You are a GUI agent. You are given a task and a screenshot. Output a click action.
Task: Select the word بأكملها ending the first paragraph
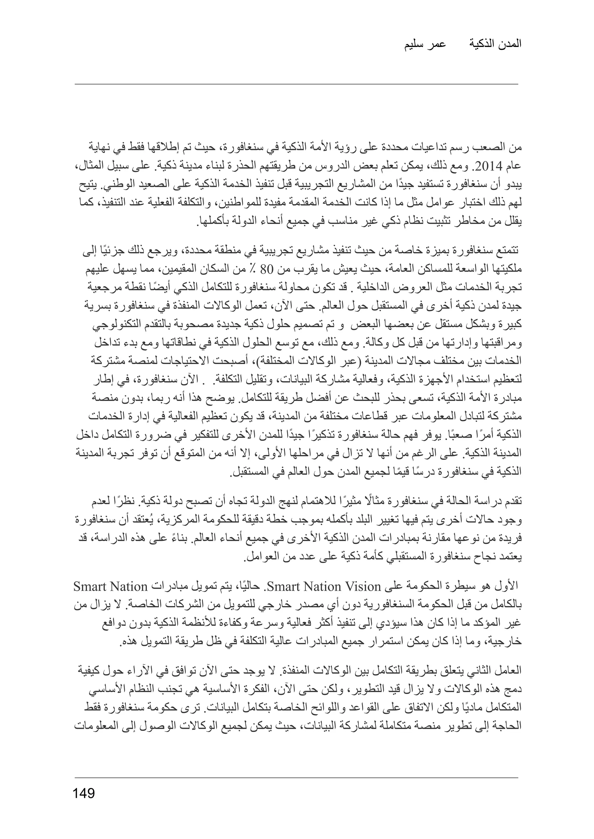[209, 222]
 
